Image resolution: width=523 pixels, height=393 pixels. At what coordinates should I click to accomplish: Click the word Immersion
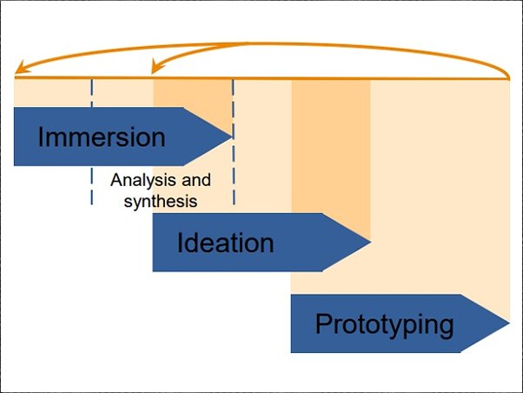[101, 137]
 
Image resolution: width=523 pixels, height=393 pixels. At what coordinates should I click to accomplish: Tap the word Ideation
[225, 243]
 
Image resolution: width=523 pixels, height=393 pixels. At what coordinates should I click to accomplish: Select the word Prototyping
[384, 324]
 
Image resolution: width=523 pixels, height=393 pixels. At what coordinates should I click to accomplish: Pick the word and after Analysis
[195, 182]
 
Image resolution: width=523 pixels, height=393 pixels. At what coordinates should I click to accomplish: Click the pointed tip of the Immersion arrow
[231, 136]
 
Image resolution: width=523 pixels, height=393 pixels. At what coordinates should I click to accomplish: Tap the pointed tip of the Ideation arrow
[370, 242]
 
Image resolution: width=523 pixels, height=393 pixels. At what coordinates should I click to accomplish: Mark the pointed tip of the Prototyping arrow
[508, 323]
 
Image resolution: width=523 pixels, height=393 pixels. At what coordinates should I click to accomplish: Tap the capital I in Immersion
[41, 137]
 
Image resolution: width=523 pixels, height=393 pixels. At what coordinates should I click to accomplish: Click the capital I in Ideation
[181, 243]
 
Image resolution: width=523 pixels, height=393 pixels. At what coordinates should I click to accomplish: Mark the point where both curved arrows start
[509, 78]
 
